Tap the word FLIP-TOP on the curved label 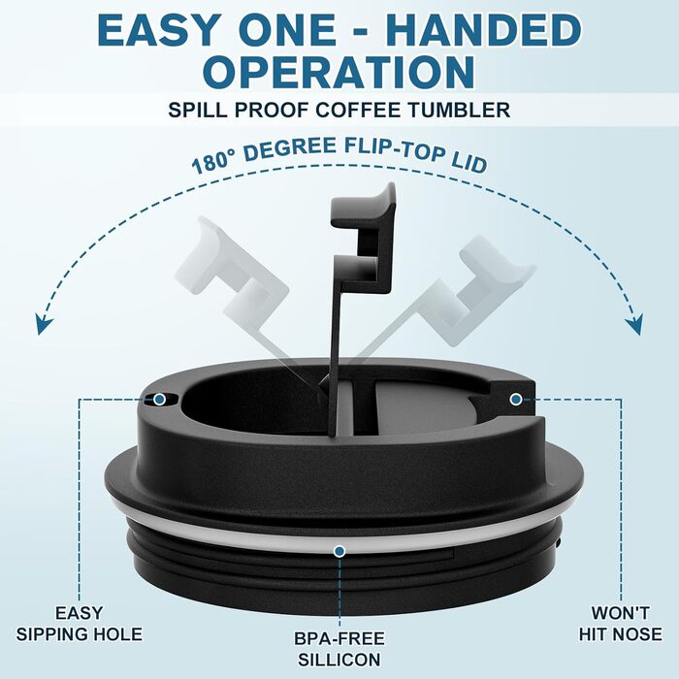395,149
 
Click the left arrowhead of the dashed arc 45,324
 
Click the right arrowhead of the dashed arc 634,324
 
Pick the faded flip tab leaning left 242,277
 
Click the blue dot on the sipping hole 159,399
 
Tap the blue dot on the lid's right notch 516,399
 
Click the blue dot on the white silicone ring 339,551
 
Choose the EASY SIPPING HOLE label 80,624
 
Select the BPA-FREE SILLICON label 339,649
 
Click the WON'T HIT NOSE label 620,624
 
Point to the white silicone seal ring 242,540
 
